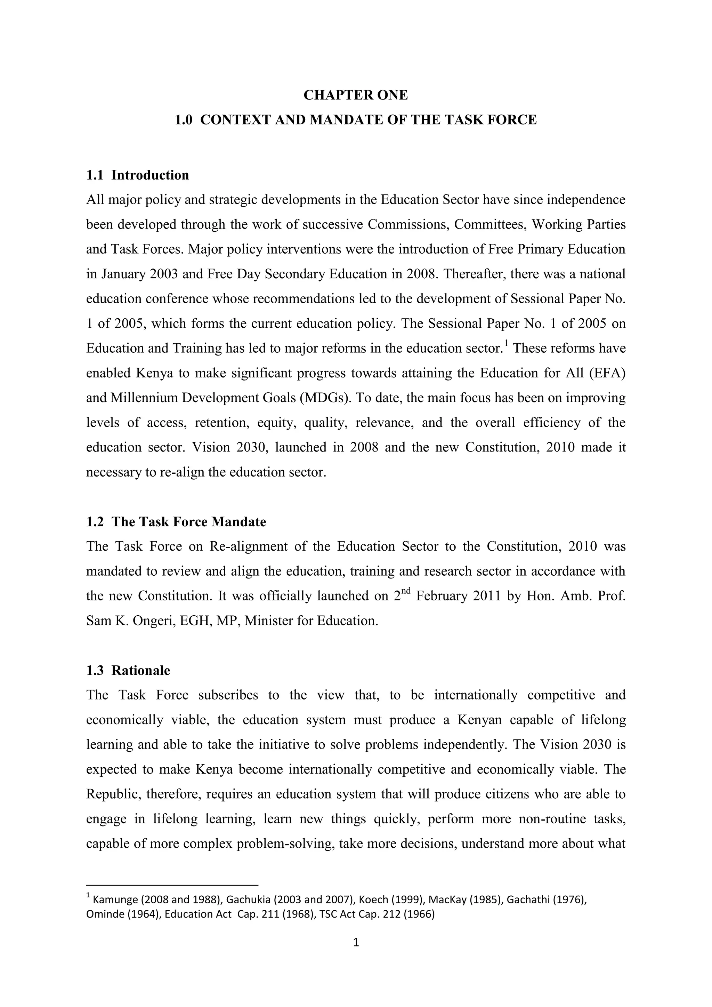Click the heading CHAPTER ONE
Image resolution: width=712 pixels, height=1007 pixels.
(356, 95)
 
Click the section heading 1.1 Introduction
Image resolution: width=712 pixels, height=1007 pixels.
(137, 175)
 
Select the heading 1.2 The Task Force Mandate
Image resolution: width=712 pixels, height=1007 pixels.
(176, 522)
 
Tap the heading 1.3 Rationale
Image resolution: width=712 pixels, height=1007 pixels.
(128, 671)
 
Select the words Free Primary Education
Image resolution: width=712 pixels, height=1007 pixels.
(556, 249)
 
